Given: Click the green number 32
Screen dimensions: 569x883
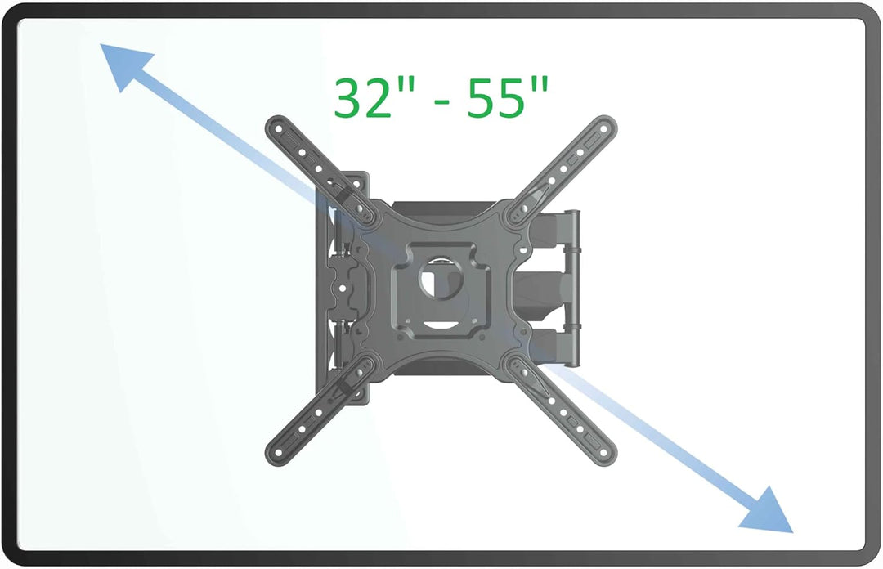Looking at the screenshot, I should (x=364, y=98).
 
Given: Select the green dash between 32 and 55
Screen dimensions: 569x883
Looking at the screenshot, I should (x=441, y=101).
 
